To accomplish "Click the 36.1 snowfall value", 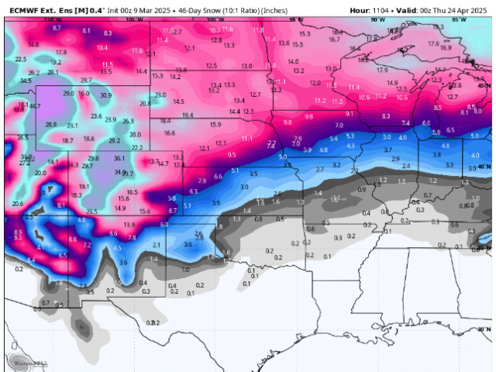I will [x=119, y=158].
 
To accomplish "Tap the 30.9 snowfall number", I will [x=105, y=95].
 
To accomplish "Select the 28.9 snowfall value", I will [x=51, y=124].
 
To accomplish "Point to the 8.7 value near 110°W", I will [x=57, y=27].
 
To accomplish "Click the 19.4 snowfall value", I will [x=187, y=115].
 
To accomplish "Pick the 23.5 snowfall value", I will [x=91, y=211].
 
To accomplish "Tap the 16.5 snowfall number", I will [x=133, y=191].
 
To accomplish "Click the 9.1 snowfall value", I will [x=350, y=113].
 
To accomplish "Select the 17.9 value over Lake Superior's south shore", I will [x=382, y=70].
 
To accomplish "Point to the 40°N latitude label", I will [x=486, y=167].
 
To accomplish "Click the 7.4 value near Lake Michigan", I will [x=405, y=123].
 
